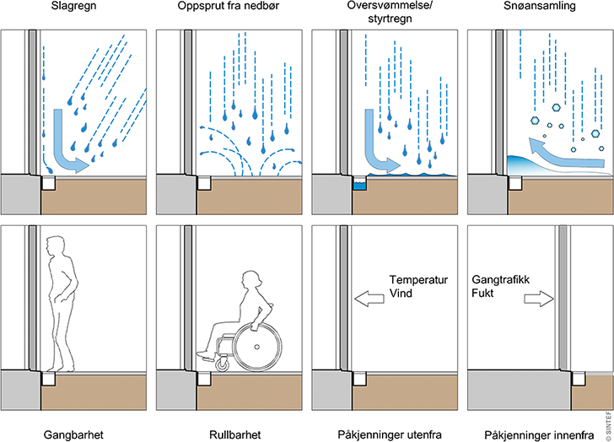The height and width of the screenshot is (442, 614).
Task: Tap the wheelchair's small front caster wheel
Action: click(x=222, y=364)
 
